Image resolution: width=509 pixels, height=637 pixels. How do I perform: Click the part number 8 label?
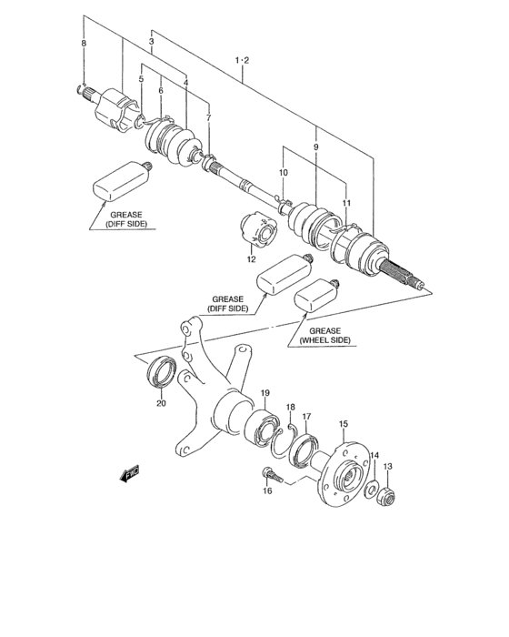84,45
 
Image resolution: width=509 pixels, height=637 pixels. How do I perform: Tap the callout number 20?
161,403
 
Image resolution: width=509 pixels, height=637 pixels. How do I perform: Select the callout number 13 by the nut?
387,467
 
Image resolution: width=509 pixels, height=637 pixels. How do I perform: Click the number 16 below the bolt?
267,490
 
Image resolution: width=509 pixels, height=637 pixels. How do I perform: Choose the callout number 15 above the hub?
344,424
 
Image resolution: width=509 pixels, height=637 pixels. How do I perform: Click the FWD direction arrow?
131,473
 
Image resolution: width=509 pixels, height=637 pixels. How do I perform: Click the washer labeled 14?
373,491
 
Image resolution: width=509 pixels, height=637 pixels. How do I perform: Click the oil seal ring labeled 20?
163,373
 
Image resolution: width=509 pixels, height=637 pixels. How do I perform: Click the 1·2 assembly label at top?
242,61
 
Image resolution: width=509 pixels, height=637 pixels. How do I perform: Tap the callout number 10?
283,172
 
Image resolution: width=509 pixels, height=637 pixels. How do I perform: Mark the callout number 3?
151,43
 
